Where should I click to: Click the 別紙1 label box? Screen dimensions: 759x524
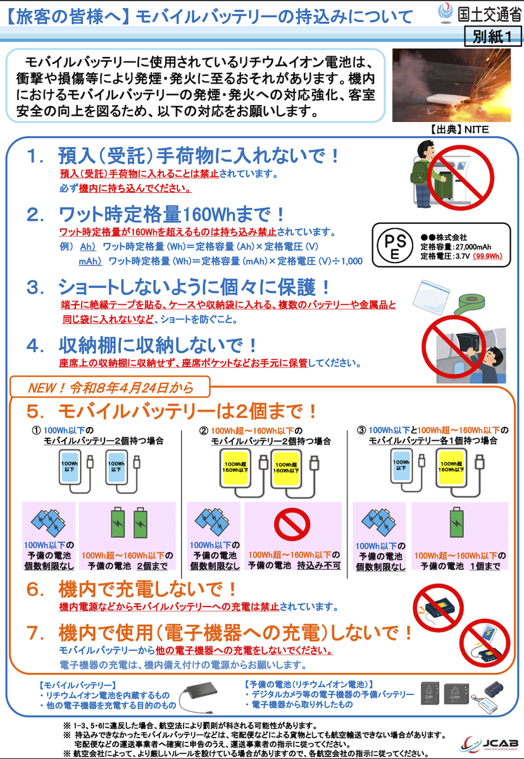[x=492, y=36]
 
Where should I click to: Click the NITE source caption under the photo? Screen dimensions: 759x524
[x=459, y=129]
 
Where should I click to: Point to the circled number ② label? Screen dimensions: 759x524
[x=204, y=430]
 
